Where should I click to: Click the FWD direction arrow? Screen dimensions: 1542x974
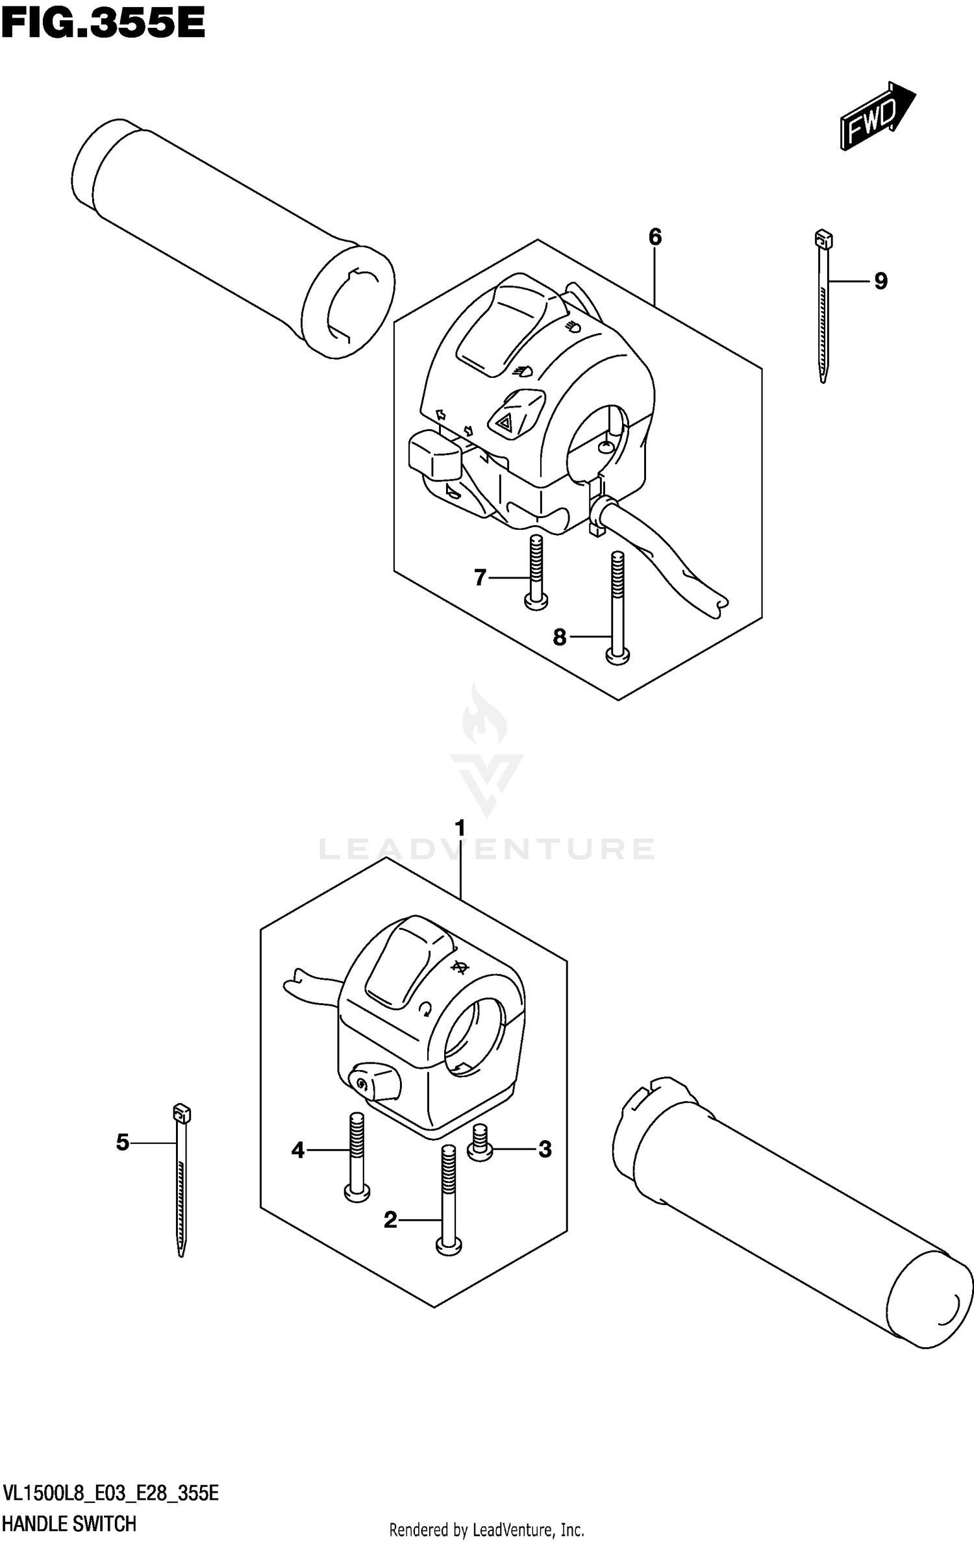877,117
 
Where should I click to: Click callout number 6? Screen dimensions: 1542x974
655,238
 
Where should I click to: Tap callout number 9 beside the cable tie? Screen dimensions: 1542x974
880,281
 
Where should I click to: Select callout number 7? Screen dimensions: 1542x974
480,577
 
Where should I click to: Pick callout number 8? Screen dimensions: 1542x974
560,638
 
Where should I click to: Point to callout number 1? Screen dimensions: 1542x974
460,829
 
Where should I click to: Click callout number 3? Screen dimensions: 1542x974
545,1149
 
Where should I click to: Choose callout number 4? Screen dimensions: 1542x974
298,1151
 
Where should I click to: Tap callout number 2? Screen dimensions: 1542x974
390,1221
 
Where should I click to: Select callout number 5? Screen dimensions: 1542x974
123,1143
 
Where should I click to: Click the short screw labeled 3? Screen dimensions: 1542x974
481,1144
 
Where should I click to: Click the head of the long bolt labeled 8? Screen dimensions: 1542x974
618,657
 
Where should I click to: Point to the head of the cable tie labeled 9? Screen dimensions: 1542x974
823,240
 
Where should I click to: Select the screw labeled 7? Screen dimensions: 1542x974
536,571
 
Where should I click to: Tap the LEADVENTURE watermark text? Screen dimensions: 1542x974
487,849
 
